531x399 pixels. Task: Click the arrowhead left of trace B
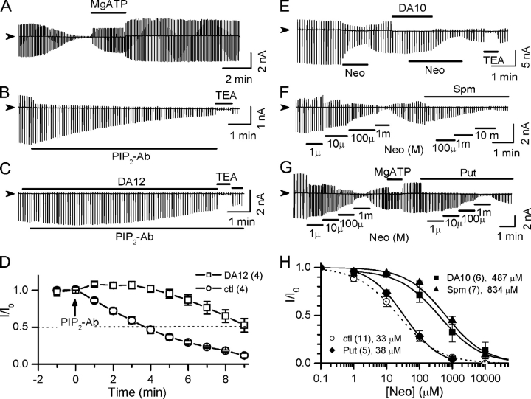coord(9,108)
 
